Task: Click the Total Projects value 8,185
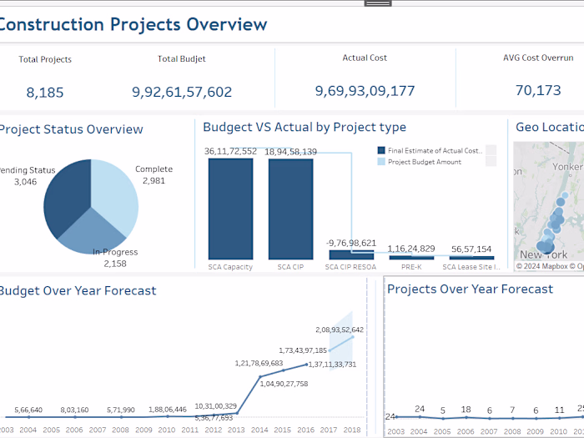[45, 93]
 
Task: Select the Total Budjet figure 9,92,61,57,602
[182, 93]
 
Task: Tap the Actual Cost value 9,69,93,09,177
[365, 90]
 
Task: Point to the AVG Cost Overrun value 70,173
[538, 90]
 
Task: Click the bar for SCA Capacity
[230, 208]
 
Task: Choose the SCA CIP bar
[290, 208]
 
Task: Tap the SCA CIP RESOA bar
[351, 254]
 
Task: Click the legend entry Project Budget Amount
[424, 162]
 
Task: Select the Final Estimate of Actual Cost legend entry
[434, 151]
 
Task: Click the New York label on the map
[543, 254]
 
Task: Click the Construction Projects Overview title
[133, 24]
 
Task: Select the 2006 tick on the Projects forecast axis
[466, 430]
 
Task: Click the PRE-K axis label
[411, 267]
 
